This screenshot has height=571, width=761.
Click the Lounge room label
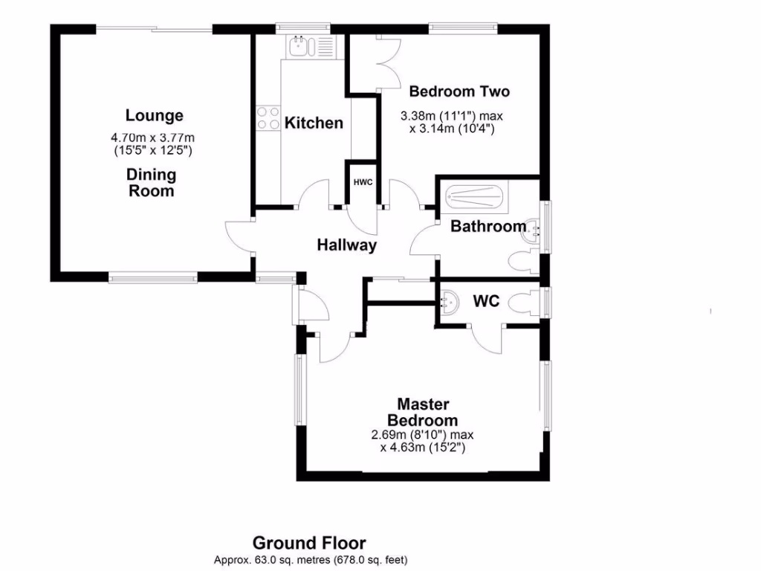click(154, 116)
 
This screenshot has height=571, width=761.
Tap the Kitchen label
click(314, 123)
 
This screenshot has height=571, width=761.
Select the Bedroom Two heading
click(459, 92)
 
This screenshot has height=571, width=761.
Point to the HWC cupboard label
click(363, 182)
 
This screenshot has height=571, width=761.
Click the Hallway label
click(346, 245)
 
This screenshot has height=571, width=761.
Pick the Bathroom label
click(488, 227)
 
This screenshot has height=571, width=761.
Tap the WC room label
click(487, 302)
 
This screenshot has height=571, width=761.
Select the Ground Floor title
click(309, 543)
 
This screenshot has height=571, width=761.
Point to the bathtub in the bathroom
click(474, 199)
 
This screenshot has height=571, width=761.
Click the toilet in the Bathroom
click(522, 260)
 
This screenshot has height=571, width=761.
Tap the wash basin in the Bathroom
click(534, 230)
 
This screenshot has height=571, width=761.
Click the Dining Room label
click(152, 183)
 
